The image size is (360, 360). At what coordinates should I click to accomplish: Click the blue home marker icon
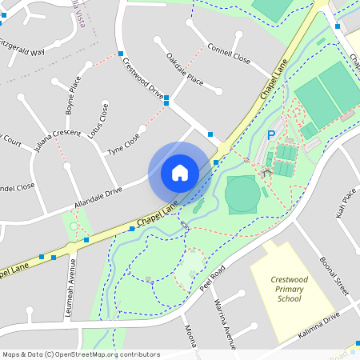coord(180,172)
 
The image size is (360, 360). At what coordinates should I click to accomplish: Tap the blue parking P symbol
coord(270,136)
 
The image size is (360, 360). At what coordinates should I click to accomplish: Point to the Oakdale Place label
coord(185,69)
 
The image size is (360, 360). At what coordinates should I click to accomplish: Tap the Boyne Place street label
coord(73,94)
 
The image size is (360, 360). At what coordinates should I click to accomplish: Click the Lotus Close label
coord(97,120)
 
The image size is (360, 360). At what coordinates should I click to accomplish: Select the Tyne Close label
coord(123,145)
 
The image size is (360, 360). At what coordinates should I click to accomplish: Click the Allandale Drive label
coord(98,198)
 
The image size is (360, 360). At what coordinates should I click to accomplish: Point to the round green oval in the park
coord(242,194)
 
